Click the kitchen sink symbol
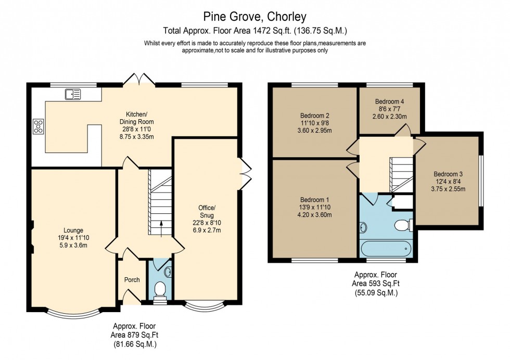pyautogui.click(x=73, y=94)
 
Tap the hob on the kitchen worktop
pyautogui.click(x=38, y=126)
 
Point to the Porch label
pyautogui.click(x=132, y=280)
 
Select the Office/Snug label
pyautogui.click(x=207, y=219)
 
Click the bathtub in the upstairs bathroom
pyautogui.click(x=386, y=249)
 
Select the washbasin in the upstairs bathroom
pyautogui.click(x=363, y=227)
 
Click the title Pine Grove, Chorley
pyautogui.click(x=254, y=17)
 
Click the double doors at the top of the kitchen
pyautogui.click(x=139, y=79)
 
